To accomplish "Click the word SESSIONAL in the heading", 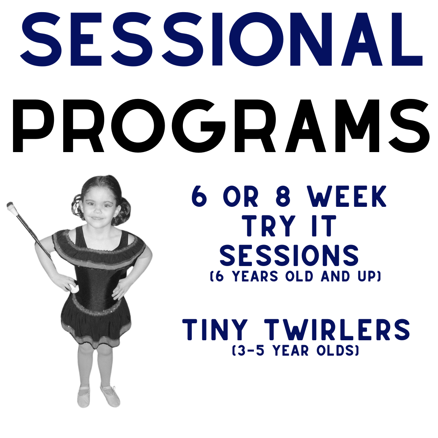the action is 221,39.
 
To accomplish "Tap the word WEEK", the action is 347,196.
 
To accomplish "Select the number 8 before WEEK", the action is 283,196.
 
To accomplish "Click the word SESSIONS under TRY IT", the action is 289,255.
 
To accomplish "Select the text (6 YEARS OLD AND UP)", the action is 296,276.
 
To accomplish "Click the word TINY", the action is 215,330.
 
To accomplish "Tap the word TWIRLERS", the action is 337,330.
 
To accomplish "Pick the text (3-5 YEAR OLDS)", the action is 296,350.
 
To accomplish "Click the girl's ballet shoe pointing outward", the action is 110,395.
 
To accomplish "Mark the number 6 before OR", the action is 200,196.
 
